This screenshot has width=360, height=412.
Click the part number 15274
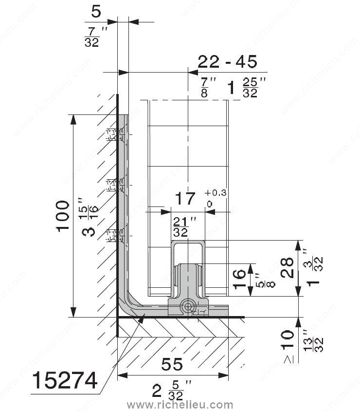coord(65,381)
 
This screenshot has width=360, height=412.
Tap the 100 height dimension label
coord(63,216)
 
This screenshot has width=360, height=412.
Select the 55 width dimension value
coord(172,364)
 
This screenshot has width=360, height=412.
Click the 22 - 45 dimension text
coord(228,62)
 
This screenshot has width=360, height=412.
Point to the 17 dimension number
coord(185,198)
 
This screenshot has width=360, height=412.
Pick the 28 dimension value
coord(287,267)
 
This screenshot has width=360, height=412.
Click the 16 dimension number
coord(239,280)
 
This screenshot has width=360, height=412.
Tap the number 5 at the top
coord(96,12)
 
